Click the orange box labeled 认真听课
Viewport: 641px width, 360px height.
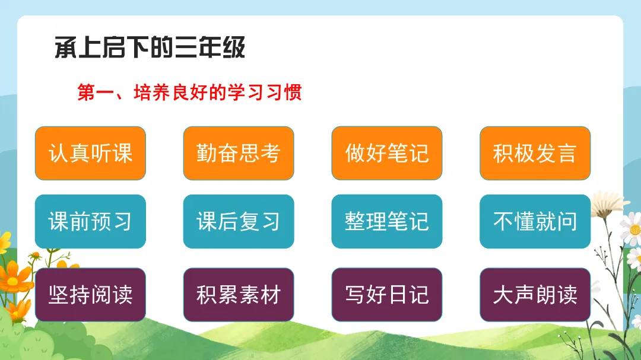tap(90, 153)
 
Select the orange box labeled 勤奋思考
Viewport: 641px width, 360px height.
tap(239, 153)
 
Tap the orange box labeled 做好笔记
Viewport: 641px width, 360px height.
tap(387, 153)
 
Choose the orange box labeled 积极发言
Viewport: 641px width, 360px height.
tap(535, 153)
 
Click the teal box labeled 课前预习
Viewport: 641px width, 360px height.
tap(90, 221)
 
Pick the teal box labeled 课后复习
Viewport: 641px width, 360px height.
tap(239, 221)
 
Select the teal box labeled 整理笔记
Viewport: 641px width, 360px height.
tap(387, 221)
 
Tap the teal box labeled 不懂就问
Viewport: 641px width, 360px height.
tap(535, 221)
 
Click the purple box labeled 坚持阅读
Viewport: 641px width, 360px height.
tap(90, 295)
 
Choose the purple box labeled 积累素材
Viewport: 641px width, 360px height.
tap(239, 295)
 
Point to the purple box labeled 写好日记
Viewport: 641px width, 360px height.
tap(387, 295)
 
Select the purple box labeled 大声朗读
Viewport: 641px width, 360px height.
tap(535, 295)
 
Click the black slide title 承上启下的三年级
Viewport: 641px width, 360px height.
tap(150, 47)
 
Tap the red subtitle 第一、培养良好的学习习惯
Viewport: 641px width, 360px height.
tap(190, 93)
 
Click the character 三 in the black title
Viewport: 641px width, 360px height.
tap(186, 47)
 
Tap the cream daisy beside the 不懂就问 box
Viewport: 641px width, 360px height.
tap(608, 203)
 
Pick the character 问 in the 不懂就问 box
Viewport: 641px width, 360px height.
tap(567, 221)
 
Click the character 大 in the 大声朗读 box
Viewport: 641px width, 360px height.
tap(503, 295)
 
